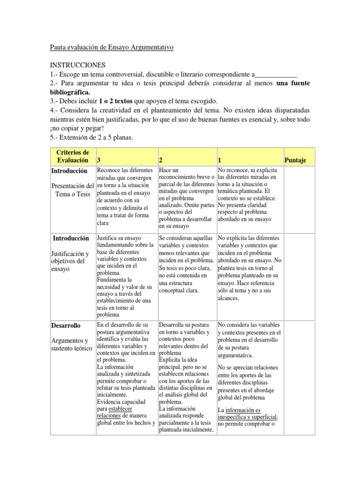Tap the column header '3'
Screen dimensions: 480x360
point(99,160)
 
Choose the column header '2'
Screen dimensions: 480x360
point(161,160)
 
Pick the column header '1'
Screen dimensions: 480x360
point(220,160)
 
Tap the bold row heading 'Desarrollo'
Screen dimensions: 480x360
point(66,325)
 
